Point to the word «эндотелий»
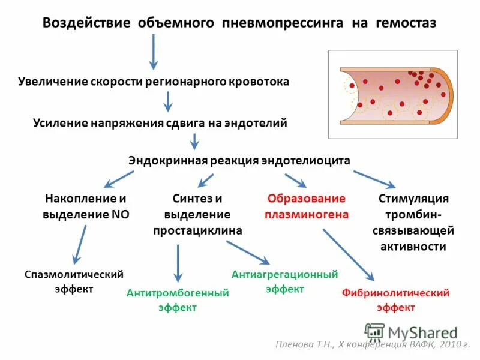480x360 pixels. [x=254, y=122]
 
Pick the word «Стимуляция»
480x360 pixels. [x=414, y=199]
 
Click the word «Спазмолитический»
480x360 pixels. [x=74, y=274]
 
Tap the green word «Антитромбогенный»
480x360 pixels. [x=178, y=293]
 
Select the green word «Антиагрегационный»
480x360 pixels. [x=284, y=274]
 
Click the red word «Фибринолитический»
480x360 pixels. [x=395, y=293]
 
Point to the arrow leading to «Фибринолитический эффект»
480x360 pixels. [x=348, y=254]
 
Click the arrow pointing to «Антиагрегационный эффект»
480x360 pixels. [x=248, y=253]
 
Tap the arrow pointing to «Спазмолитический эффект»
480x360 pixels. [x=79, y=244]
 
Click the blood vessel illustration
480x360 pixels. [x=392, y=94]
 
